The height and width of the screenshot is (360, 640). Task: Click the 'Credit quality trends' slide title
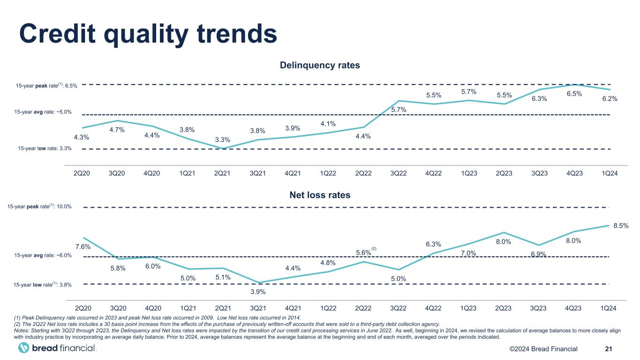click(x=148, y=32)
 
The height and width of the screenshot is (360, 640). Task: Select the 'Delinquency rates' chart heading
click(x=320, y=65)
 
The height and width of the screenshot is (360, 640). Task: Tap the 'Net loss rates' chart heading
click(x=320, y=195)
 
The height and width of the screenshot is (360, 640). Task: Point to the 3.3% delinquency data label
click(x=223, y=139)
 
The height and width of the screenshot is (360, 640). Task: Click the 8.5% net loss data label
click(x=621, y=225)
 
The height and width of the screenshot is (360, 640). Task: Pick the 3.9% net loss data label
click(x=258, y=292)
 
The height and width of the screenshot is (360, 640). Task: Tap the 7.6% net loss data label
click(x=83, y=247)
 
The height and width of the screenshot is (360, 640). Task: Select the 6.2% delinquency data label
click(x=610, y=98)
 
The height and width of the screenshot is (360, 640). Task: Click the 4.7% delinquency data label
click(x=117, y=130)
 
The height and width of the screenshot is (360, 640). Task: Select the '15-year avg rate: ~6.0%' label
click(x=43, y=255)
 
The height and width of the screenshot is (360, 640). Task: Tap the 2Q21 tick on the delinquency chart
click(x=222, y=173)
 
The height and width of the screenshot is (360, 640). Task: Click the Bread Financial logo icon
click(x=23, y=348)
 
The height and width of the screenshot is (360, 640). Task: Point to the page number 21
click(x=609, y=348)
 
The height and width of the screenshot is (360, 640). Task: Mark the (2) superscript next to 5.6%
click(x=374, y=248)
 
